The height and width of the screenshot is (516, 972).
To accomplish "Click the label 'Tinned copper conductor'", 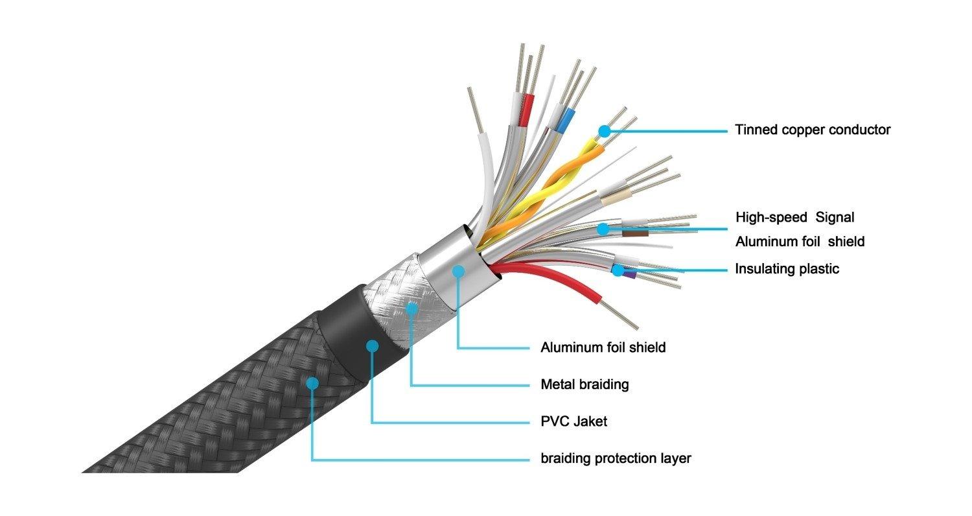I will tap(813, 130).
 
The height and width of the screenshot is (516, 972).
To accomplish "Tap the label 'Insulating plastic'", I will tap(787, 268).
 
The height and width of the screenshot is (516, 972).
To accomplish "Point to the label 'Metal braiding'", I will tap(584, 384).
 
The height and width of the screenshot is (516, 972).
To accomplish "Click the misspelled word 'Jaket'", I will tap(590, 421).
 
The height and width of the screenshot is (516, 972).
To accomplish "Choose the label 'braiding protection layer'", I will tap(616, 458).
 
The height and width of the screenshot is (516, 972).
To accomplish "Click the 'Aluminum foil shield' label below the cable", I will tap(603, 347).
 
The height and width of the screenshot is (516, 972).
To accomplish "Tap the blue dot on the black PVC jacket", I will tap(372, 346).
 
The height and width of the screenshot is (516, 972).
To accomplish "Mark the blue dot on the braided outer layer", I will tap(312, 383).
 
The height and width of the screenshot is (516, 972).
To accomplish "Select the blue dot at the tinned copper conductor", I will tap(604, 130).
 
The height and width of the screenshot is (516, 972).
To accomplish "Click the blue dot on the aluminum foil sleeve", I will tap(458, 270).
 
